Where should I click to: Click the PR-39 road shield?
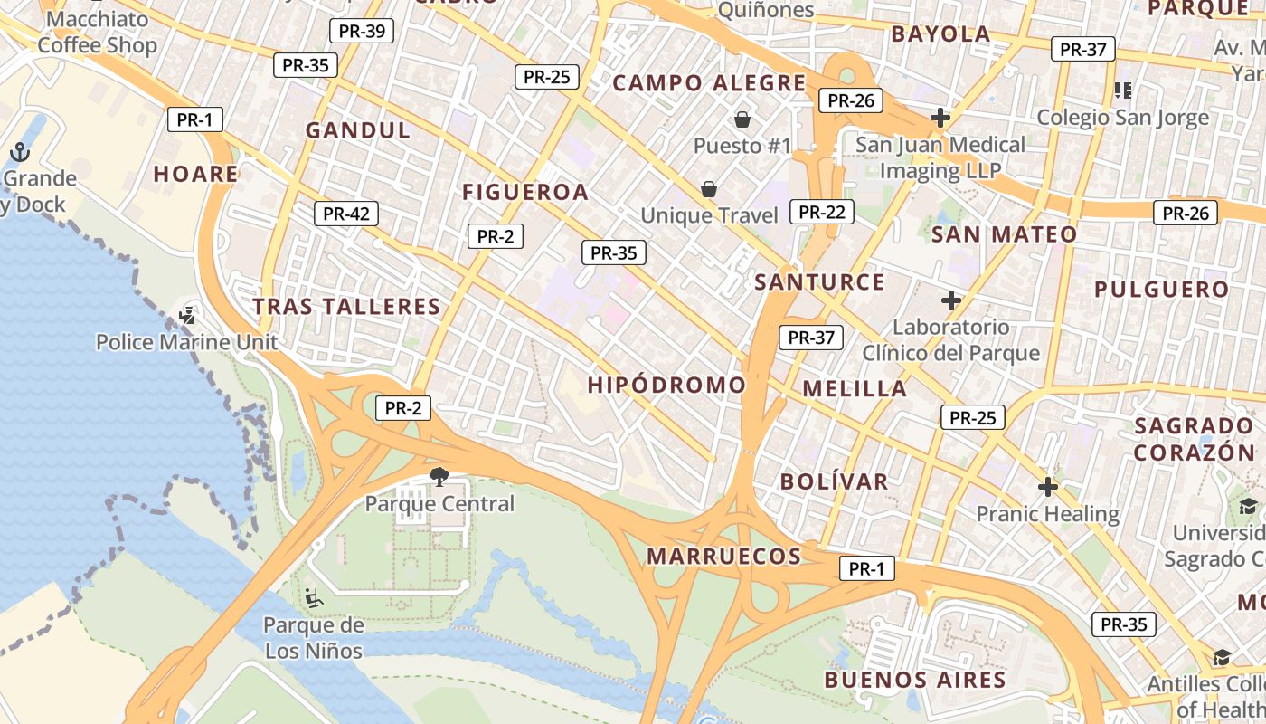[x=361, y=31]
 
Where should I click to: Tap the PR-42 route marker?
[x=345, y=214]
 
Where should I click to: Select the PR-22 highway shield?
[x=821, y=212]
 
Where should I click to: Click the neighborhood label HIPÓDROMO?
[x=666, y=385]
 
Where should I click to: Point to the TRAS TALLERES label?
[x=346, y=306]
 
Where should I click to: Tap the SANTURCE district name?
[x=819, y=281]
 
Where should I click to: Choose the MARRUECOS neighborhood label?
[x=723, y=556]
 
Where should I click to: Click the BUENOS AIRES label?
[x=915, y=679]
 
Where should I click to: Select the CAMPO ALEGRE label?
[x=709, y=83]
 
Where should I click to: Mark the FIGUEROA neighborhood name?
[x=525, y=192]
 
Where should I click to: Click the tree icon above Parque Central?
[x=439, y=476]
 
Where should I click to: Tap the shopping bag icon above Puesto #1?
[x=742, y=119]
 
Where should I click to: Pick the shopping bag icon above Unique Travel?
[x=709, y=188]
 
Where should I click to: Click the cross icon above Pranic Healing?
[x=1047, y=487]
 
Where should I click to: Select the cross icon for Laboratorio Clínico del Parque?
[x=950, y=300]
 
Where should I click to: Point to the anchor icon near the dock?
[x=20, y=152]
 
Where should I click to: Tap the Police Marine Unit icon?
[x=187, y=316]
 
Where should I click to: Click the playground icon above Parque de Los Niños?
[x=313, y=597]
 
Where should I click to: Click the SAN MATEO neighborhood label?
[x=1004, y=234]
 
